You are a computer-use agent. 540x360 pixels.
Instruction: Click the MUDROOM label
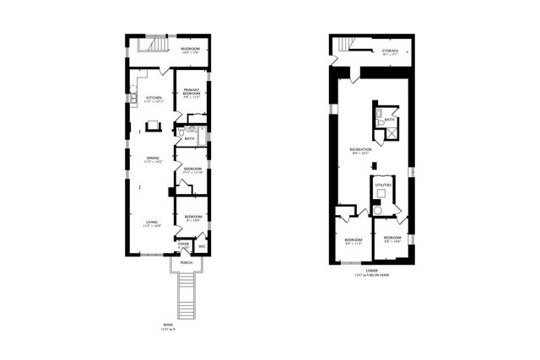click(190, 49)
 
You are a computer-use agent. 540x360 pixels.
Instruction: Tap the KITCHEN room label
click(154, 98)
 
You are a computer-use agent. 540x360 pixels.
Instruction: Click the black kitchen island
click(154, 126)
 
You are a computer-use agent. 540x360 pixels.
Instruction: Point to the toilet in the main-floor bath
click(181, 133)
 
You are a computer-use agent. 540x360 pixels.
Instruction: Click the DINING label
click(153, 158)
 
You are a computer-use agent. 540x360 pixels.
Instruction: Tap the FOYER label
click(184, 244)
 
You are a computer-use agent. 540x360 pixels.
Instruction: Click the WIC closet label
click(202, 246)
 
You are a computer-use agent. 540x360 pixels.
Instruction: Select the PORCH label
click(186, 262)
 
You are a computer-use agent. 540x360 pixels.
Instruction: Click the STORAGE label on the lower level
click(389, 51)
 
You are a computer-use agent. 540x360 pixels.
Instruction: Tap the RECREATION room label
click(360, 149)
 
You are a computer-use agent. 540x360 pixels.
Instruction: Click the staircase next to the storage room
click(343, 46)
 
